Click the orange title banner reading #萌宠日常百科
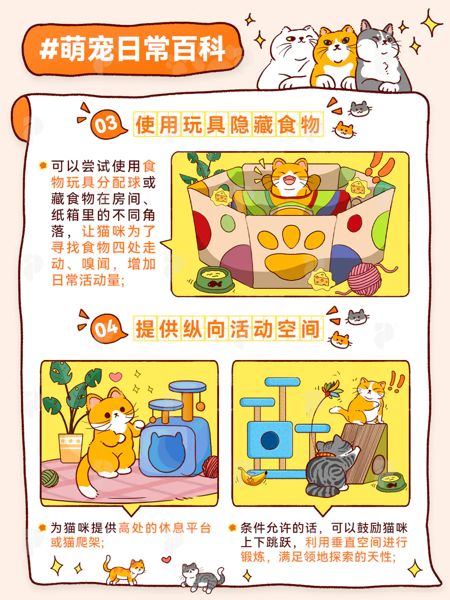point(132,49)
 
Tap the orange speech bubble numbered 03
point(107,124)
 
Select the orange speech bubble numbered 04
point(107,328)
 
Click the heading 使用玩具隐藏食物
point(228,124)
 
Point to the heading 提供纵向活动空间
point(228,328)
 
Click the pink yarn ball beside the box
point(365,279)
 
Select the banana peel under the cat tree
point(252,476)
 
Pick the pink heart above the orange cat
point(115,377)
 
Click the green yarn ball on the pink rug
point(49,478)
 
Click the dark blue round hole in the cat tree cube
point(270,440)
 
